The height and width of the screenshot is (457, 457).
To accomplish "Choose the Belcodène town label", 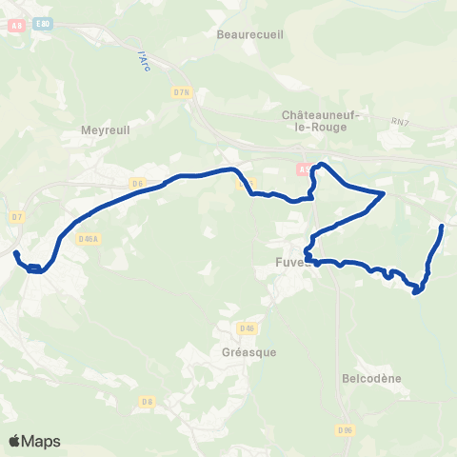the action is tap(370, 378).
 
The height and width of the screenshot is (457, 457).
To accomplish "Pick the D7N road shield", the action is tap(182, 92).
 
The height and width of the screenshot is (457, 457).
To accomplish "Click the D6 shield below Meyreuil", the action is tap(137, 183).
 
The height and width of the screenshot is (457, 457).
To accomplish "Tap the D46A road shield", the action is tap(89, 239).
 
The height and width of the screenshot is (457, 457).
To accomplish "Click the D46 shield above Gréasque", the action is tap(248, 328).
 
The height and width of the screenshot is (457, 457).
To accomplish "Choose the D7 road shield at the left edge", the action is tap(17, 217).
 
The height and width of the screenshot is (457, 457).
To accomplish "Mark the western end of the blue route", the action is tap(15, 252).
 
